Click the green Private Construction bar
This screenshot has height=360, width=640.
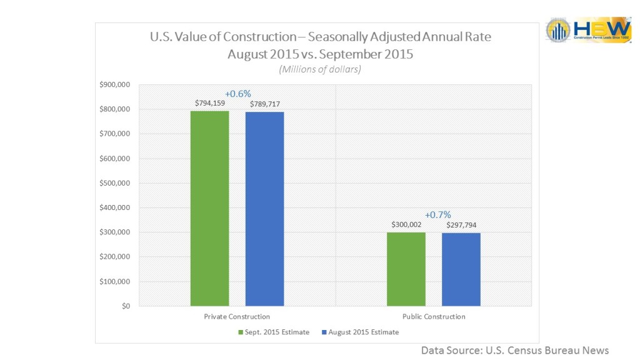tap(210, 208)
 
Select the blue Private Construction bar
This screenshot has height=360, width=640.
tap(264, 209)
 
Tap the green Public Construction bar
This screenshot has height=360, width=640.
tap(406, 269)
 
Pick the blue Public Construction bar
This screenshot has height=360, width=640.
tap(461, 269)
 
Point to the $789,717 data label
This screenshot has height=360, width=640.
tap(264, 104)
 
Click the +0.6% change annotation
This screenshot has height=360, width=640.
tap(237, 94)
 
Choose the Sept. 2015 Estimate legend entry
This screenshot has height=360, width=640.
tap(274, 332)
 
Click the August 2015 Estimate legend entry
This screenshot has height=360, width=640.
tap(360, 332)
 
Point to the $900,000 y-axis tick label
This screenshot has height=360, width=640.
tap(114, 85)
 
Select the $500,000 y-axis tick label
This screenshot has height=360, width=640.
tap(114, 183)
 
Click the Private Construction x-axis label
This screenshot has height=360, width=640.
tap(237, 316)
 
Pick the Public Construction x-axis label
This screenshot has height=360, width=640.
tap(433, 316)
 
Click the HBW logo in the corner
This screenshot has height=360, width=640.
tap(588, 29)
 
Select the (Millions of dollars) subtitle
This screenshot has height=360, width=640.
tap(320, 69)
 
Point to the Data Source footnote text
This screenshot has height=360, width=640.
tap(514, 350)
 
